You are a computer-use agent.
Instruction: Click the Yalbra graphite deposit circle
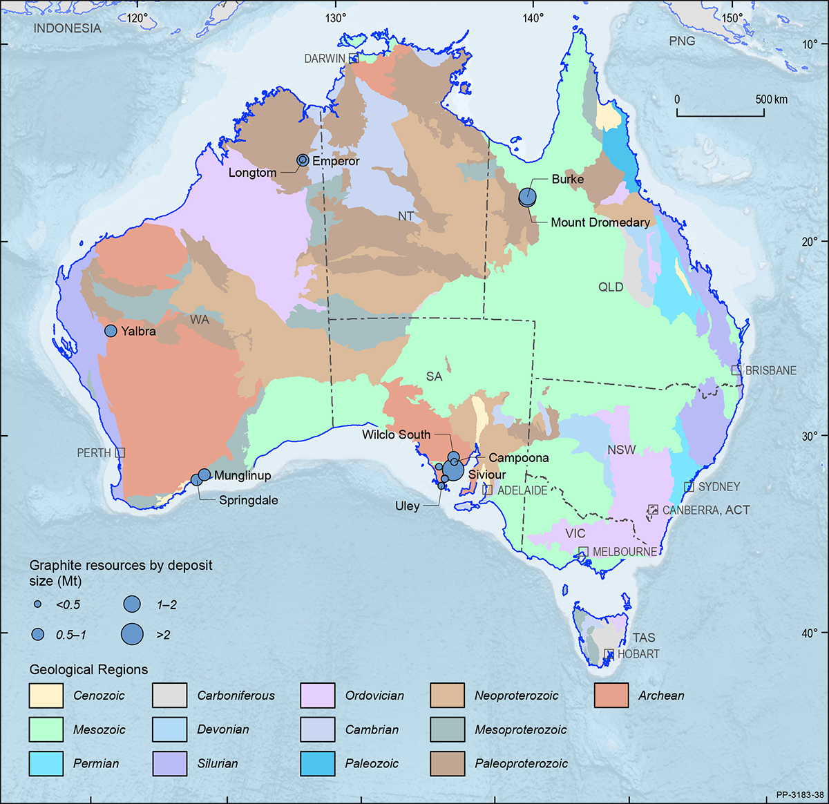[x=111, y=331]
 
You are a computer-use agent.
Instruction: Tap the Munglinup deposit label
[x=242, y=475]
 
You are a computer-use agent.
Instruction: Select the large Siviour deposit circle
[x=453, y=470]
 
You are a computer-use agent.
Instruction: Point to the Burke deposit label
[x=567, y=179]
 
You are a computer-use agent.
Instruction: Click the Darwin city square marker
[x=354, y=58]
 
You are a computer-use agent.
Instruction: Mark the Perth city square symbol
[x=120, y=452]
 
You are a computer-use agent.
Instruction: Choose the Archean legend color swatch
[x=611, y=696]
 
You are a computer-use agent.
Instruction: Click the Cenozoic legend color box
[x=46, y=696]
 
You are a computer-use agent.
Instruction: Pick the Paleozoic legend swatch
[x=318, y=763]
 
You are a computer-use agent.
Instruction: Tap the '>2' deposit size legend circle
[x=132, y=633]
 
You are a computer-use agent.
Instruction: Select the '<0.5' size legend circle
[x=38, y=604]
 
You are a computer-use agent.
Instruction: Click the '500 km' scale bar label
[x=771, y=99]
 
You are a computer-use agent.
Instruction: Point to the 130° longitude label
[x=336, y=18]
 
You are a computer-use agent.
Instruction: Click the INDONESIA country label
[x=67, y=28]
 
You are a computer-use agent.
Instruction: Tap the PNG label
[x=682, y=41]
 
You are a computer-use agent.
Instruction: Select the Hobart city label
[x=638, y=653]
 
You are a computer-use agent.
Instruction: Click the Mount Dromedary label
[x=600, y=222]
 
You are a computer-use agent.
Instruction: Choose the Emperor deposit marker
[x=303, y=160]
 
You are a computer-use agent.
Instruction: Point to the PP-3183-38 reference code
[x=799, y=794]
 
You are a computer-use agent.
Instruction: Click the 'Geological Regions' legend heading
[x=88, y=669]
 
